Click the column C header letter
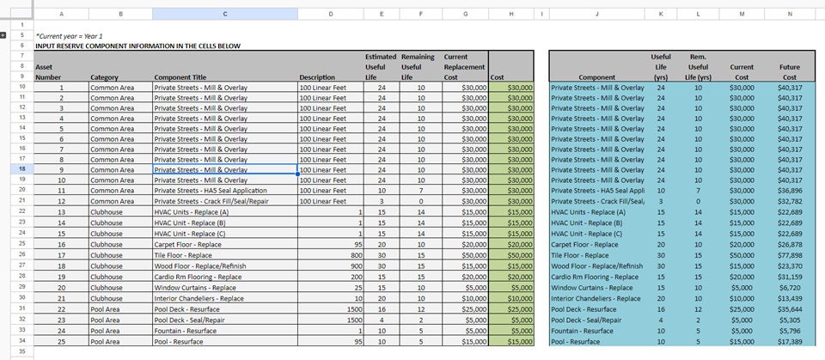point(225,14)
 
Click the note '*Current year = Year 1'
point(69,36)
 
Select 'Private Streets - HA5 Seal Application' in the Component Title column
point(211,191)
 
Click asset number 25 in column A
point(61,341)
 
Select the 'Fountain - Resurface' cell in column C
point(186,331)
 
